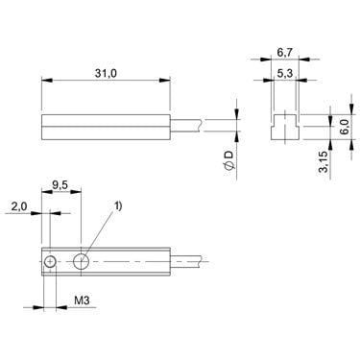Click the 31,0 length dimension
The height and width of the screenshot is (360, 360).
click(106, 74)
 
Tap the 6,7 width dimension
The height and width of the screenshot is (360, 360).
click(285, 53)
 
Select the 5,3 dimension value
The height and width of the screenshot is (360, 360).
click(284, 74)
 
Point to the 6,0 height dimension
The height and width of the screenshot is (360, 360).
click(345, 127)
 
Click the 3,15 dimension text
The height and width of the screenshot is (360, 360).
click(324, 162)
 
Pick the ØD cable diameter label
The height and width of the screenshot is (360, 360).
click(229, 160)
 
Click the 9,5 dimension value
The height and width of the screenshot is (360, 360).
click(60, 185)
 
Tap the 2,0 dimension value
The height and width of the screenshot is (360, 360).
click(19, 207)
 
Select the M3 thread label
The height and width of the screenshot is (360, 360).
click(82, 300)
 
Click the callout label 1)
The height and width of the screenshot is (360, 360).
click(118, 206)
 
